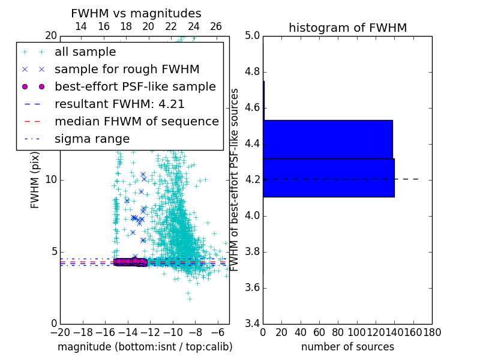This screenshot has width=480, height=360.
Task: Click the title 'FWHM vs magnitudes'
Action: (x=136, y=13)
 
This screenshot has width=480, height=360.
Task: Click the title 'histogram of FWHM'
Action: (x=347, y=28)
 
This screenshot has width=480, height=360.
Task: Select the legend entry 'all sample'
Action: (x=85, y=52)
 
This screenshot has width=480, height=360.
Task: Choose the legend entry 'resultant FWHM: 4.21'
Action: (x=119, y=104)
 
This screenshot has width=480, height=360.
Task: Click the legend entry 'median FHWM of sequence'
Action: (x=136, y=121)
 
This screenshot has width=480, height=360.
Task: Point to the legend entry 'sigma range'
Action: (x=92, y=139)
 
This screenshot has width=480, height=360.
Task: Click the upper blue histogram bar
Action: (x=328, y=139)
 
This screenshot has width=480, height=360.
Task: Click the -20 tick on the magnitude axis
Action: (x=59, y=332)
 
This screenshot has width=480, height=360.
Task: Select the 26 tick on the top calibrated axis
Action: (x=216, y=26)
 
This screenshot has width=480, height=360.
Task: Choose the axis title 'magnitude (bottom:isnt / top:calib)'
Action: (x=145, y=347)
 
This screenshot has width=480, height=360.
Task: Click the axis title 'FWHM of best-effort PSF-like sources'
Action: (x=235, y=179)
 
